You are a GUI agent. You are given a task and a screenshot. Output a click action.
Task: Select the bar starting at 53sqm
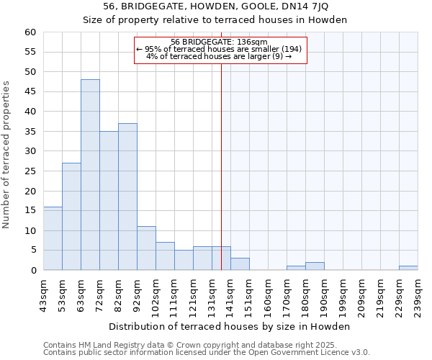pyautogui.click(x=71, y=217)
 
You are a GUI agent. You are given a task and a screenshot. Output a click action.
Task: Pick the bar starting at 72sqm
pyautogui.click(x=109, y=201)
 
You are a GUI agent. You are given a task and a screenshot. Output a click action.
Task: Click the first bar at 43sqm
pyautogui.click(x=53, y=238)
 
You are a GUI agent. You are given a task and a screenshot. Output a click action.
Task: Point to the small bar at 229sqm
pyautogui.click(x=408, y=268)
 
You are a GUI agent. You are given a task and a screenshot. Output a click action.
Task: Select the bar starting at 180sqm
pyautogui.click(x=315, y=266)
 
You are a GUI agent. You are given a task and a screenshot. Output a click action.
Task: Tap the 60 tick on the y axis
pyautogui.click(x=30, y=32)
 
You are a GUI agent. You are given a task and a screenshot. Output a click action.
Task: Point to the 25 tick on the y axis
pyautogui.click(x=30, y=171)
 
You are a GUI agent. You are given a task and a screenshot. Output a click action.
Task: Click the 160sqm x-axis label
pyautogui.click(x=268, y=295)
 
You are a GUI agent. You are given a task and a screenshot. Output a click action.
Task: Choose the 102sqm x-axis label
pyautogui.click(x=156, y=295)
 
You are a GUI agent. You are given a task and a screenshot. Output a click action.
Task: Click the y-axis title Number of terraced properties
pyautogui.click(x=6, y=154)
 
